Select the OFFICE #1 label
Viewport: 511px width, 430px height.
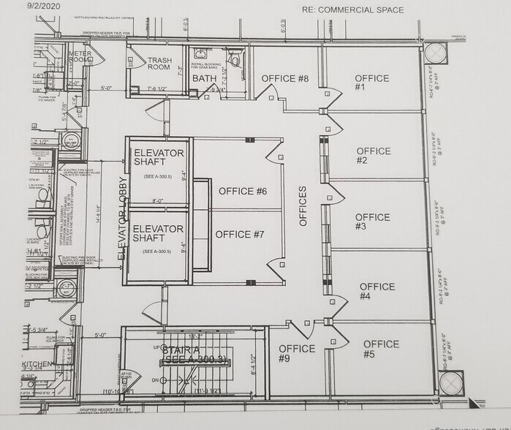click(x=371, y=83)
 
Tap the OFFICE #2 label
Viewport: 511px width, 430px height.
click(x=373, y=156)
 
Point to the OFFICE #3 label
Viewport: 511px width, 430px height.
click(x=372, y=222)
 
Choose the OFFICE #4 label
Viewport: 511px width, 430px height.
click(x=376, y=291)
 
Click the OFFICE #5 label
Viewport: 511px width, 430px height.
click(x=381, y=349)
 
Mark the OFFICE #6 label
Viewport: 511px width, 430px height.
click(x=243, y=191)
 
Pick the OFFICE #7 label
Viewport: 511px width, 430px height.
click(x=240, y=235)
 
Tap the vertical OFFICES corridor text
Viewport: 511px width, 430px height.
click(x=303, y=205)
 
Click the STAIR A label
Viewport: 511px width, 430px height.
click(x=186, y=355)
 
